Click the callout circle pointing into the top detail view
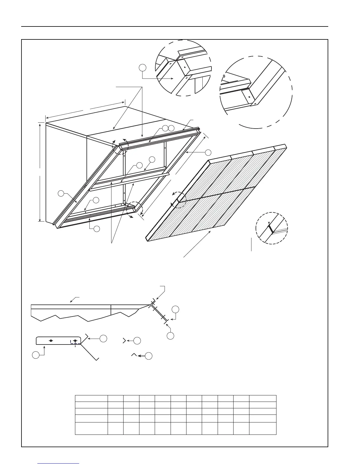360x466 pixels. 142,68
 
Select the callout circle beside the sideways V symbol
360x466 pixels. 137,341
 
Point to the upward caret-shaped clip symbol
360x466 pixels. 134,355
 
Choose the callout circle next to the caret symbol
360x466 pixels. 149,356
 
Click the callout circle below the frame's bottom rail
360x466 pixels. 96,229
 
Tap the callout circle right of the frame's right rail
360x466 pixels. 208,152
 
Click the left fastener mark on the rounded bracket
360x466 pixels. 51,341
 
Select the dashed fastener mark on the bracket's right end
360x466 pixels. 75,341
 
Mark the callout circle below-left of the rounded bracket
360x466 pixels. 36,355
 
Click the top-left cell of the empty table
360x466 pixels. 91,398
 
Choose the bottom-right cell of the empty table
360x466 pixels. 263,428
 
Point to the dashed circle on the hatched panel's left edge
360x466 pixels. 179,200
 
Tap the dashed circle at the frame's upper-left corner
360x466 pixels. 121,146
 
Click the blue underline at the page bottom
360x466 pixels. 59,463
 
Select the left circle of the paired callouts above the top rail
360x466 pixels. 165,128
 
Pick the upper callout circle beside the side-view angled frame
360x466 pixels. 176,309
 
